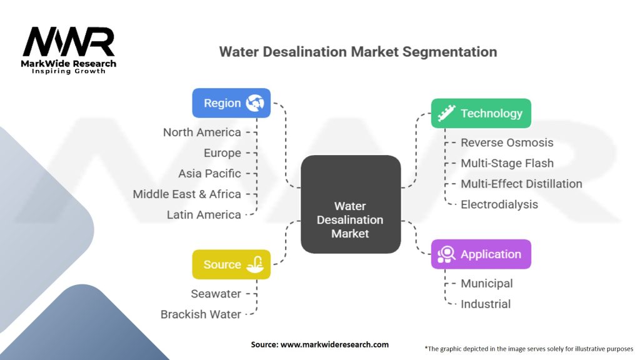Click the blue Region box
pyautogui.click(x=231, y=103)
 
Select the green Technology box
pyautogui.click(x=481, y=113)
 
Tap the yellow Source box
pyautogui.click(x=231, y=264)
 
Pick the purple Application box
pyautogui.click(x=481, y=254)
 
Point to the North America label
pyautogui.click(x=202, y=132)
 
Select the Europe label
pyautogui.click(x=222, y=153)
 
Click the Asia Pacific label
pyautogui.click(x=209, y=174)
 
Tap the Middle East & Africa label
pyautogui.click(x=187, y=194)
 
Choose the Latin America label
pyautogui.click(x=204, y=215)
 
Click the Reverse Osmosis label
pyautogui.click(x=507, y=142)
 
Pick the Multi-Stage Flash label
pyautogui.click(x=507, y=163)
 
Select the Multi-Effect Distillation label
pyautogui.click(x=521, y=184)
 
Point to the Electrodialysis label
pyautogui.click(x=499, y=204)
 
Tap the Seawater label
pyautogui.click(x=216, y=294)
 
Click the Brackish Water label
pyautogui.click(x=201, y=314)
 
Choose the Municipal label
pyautogui.click(x=486, y=284)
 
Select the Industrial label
pyautogui.click(x=486, y=304)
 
